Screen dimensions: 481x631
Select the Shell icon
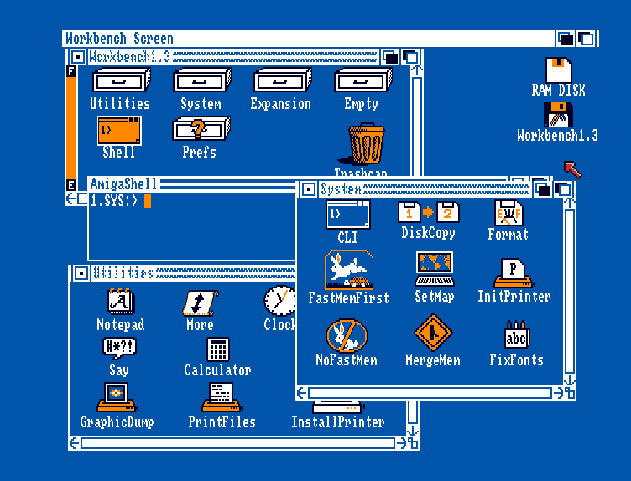pos(119,131)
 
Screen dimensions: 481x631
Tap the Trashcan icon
pos(367,144)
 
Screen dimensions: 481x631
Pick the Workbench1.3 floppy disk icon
pos(558,115)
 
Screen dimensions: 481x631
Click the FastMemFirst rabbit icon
pos(348,270)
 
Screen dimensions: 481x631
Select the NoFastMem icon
pos(347,335)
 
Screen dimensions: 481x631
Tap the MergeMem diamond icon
pos(433,334)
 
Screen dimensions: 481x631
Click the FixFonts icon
pos(516,334)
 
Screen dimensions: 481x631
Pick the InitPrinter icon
pos(514,272)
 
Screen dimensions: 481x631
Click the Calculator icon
pos(217,349)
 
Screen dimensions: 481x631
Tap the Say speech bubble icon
pos(119,347)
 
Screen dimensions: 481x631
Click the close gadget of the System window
pos(308,189)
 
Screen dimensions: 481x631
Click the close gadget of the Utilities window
pos(80,273)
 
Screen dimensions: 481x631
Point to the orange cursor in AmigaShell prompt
pos(147,200)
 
